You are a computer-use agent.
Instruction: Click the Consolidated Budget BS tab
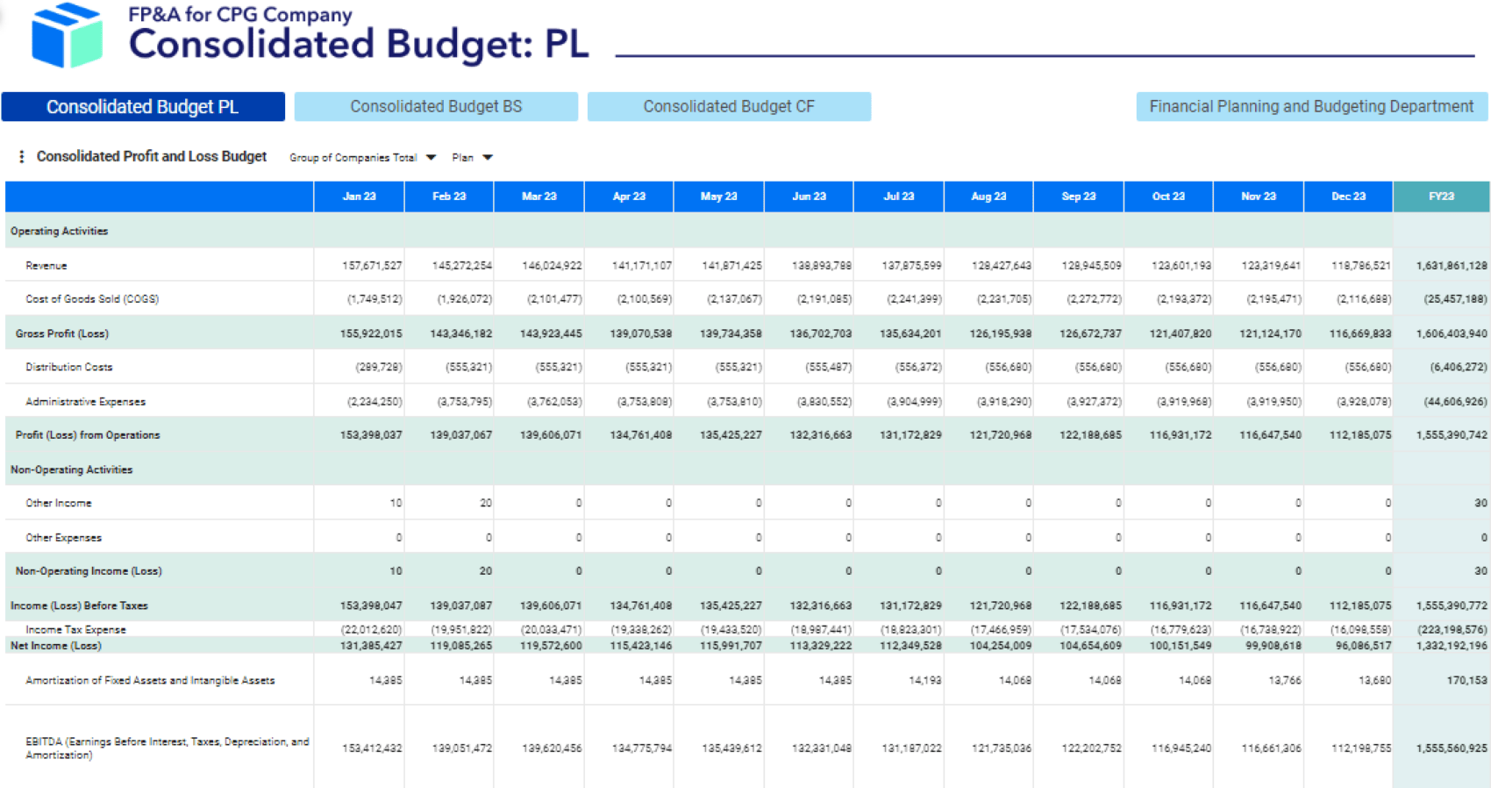tap(436, 106)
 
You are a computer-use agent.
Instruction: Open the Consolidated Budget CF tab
tap(729, 106)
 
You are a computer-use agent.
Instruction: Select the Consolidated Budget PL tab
tap(142, 106)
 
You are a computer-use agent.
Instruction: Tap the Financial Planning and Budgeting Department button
tap(1311, 106)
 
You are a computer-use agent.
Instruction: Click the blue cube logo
tap(67, 35)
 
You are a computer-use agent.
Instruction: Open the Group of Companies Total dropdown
tap(362, 158)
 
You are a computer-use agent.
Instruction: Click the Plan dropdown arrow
tap(488, 158)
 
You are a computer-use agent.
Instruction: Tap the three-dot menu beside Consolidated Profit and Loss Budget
tap(21, 157)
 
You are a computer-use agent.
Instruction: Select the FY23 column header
tap(1441, 197)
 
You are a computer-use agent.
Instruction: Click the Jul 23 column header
tap(899, 197)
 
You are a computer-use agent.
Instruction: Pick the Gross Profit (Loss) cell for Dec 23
tap(1359, 333)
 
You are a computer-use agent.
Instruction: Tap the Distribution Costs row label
tap(69, 367)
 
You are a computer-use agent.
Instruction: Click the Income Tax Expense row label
tap(75, 629)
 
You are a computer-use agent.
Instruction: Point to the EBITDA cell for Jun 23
tap(821, 749)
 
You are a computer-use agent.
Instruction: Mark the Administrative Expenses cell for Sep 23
tap(1091, 401)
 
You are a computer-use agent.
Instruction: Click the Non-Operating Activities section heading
tap(72, 469)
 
